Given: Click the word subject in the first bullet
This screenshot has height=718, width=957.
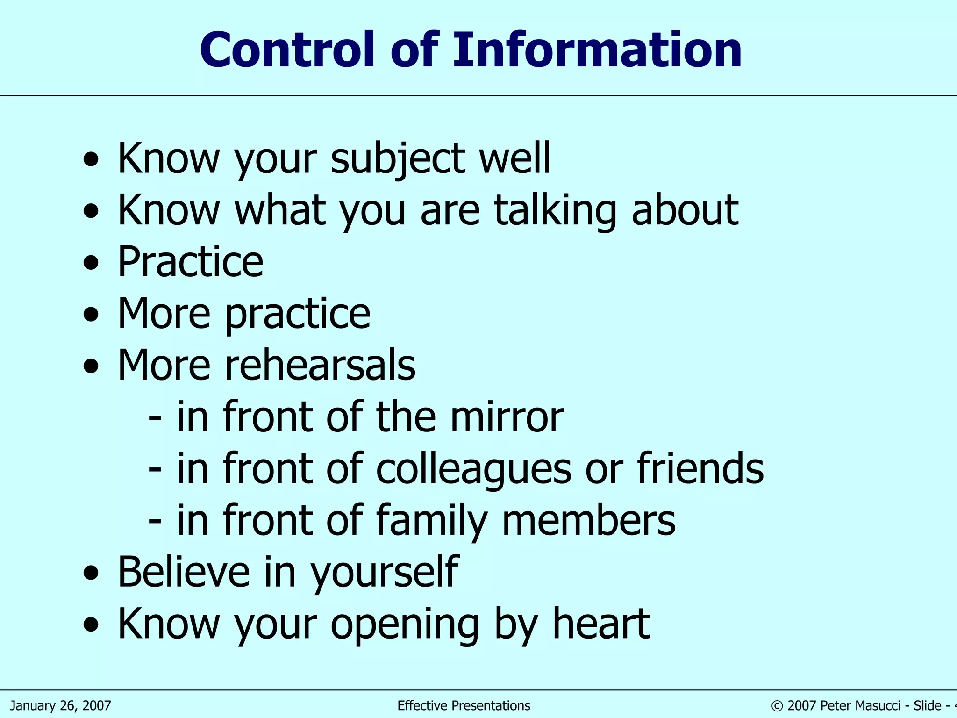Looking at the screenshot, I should pyautogui.click(x=398, y=159).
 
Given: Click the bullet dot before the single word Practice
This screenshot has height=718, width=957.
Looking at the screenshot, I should pyautogui.click(x=91, y=263).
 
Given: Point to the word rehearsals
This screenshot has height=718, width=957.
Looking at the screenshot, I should pyautogui.click(x=320, y=365).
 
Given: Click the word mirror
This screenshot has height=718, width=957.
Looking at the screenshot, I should pyautogui.click(x=507, y=417).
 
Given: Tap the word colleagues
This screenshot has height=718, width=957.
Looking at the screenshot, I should pyautogui.click(x=473, y=469).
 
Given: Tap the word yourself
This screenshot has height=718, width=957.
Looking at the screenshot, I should pyautogui.click(x=385, y=573).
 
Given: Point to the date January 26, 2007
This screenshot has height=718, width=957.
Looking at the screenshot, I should pyautogui.click(x=61, y=705).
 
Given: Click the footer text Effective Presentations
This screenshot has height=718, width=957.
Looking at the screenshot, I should pyautogui.click(x=464, y=705).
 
